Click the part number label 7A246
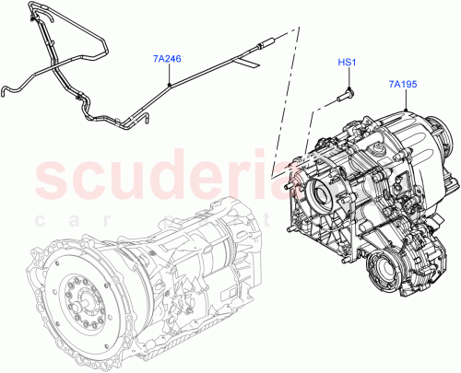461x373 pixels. [167, 58]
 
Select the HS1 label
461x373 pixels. [346, 64]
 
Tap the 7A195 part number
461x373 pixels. [403, 86]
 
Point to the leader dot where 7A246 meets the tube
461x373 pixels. [170, 84]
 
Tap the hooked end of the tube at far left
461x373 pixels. [6, 89]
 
